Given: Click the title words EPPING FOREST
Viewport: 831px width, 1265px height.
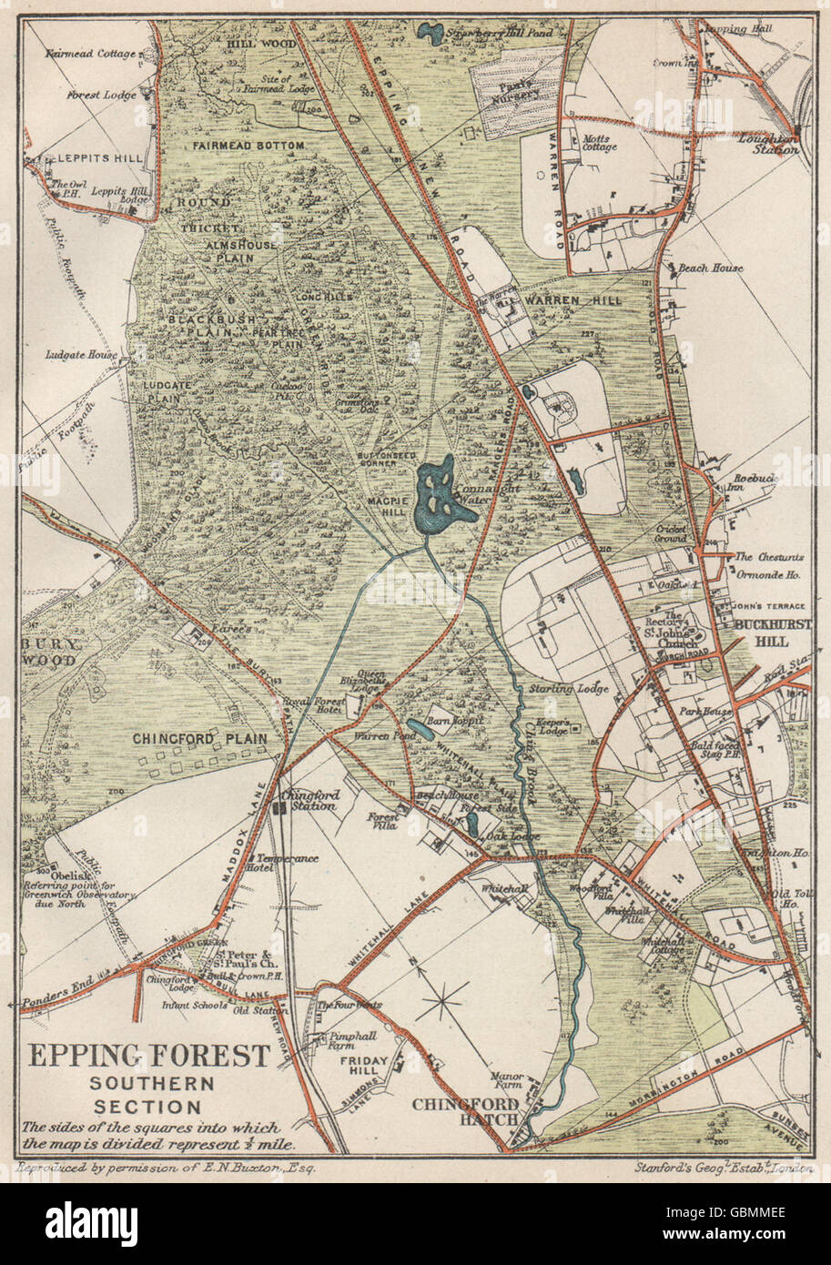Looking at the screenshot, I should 150,1056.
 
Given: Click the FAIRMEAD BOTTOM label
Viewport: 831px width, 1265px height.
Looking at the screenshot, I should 248,145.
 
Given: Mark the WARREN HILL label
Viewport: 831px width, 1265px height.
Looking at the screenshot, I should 583,299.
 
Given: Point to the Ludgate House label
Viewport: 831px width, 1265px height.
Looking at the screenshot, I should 82,354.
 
